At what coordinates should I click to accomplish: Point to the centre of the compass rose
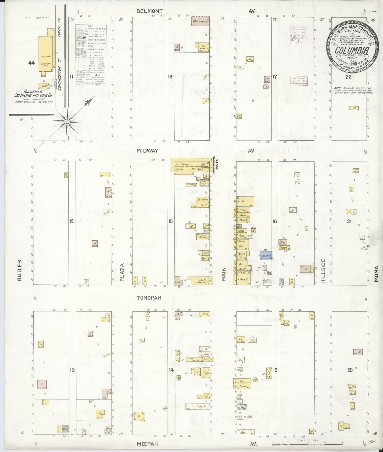point(67,121)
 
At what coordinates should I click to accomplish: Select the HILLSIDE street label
point(323,272)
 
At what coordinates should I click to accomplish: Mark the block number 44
point(32,63)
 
